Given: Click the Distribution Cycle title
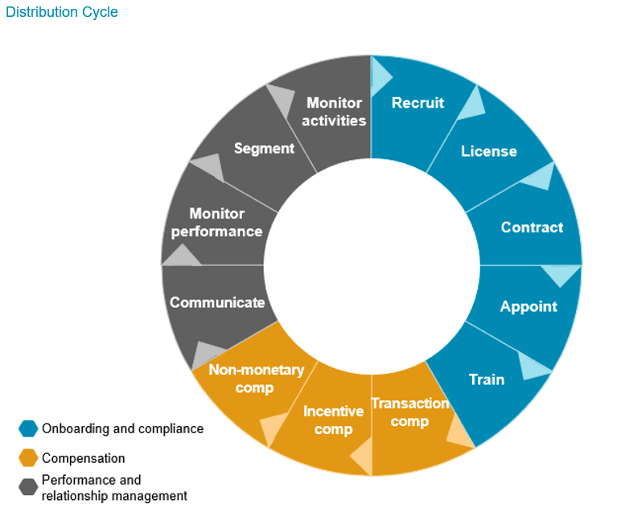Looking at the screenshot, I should (62, 12).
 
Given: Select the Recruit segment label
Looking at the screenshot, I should (418, 103).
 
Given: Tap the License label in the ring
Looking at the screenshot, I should (488, 151).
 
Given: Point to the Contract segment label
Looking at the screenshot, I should (532, 227).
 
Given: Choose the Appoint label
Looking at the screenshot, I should (529, 306).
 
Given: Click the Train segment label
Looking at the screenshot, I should (487, 379).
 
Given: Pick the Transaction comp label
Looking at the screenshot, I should (409, 411).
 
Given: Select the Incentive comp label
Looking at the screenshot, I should (333, 420).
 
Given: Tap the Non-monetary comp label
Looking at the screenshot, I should (257, 379).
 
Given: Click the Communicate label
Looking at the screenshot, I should (217, 303).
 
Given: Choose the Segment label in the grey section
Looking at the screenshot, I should (264, 149).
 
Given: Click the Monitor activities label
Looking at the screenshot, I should (335, 112).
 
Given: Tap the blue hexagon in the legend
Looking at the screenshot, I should (29, 428).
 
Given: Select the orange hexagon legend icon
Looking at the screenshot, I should (29, 458).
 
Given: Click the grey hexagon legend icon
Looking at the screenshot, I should (29, 487).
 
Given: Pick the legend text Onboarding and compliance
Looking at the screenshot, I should (122, 428).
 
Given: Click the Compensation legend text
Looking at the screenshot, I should (84, 458).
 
